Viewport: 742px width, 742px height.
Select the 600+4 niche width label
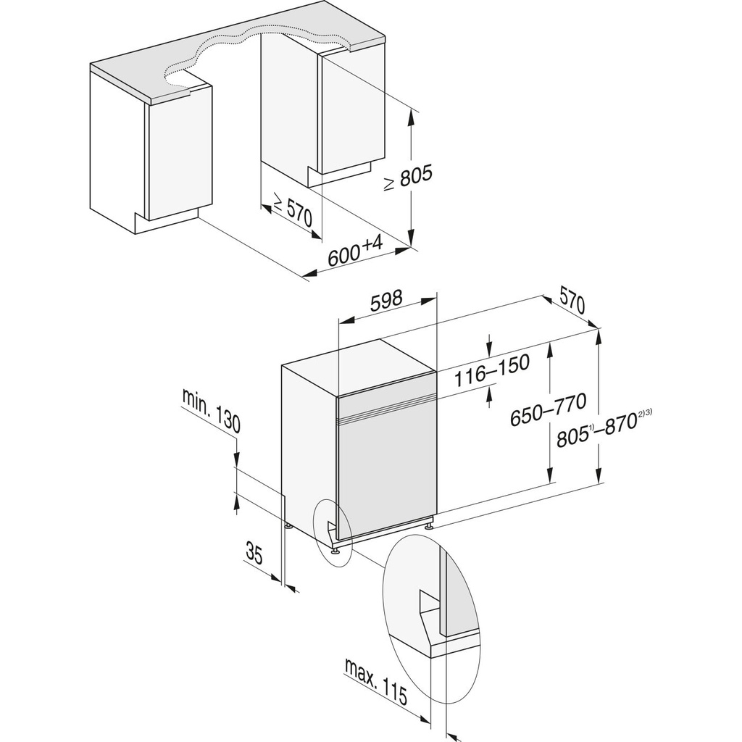click(x=355, y=251)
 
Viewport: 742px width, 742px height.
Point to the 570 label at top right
click(x=572, y=299)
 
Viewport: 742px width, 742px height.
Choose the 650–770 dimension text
click(x=548, y=412)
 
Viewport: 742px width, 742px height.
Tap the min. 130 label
click(x=211, y=409)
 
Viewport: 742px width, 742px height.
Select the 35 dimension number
click(x=253, y=555)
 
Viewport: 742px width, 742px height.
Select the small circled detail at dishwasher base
click(x=332, y=531)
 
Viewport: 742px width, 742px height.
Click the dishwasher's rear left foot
click(x=288, y=527)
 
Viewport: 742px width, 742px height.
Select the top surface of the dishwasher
click(x=359, y=366)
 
